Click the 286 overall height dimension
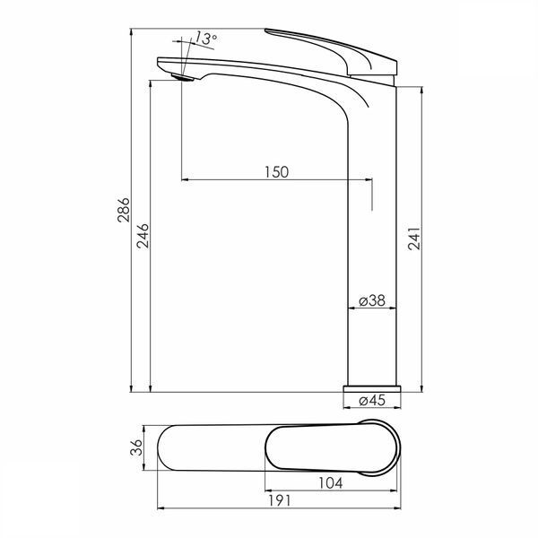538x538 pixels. point(124,210)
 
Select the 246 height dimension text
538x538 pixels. point(143,236)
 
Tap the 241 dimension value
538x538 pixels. point(414,238)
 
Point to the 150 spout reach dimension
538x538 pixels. point(276,172)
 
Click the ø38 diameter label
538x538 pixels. point(372,300)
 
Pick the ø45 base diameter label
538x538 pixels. point(372,400)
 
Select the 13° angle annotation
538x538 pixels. point(205,39)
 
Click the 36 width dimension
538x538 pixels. point(136,447)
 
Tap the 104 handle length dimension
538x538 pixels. point(330,483)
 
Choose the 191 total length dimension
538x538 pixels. point(279,500)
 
